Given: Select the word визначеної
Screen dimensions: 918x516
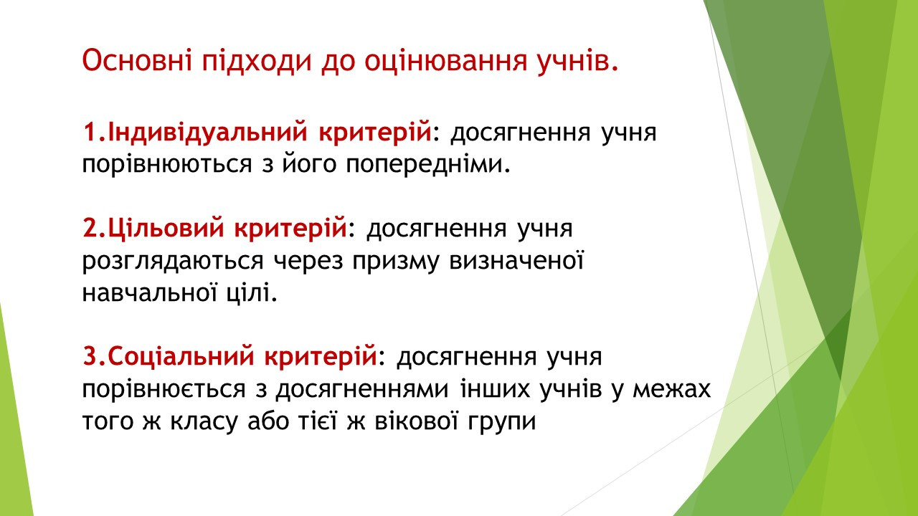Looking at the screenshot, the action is tap(516, 260).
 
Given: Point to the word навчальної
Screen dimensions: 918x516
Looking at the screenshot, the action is tap(150, 292).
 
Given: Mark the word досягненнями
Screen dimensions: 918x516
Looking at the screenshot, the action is tap(362, 389).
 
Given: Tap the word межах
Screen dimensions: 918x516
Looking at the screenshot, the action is tap(671, 389).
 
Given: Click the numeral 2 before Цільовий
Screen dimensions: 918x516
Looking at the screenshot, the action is tap(89, 229).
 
